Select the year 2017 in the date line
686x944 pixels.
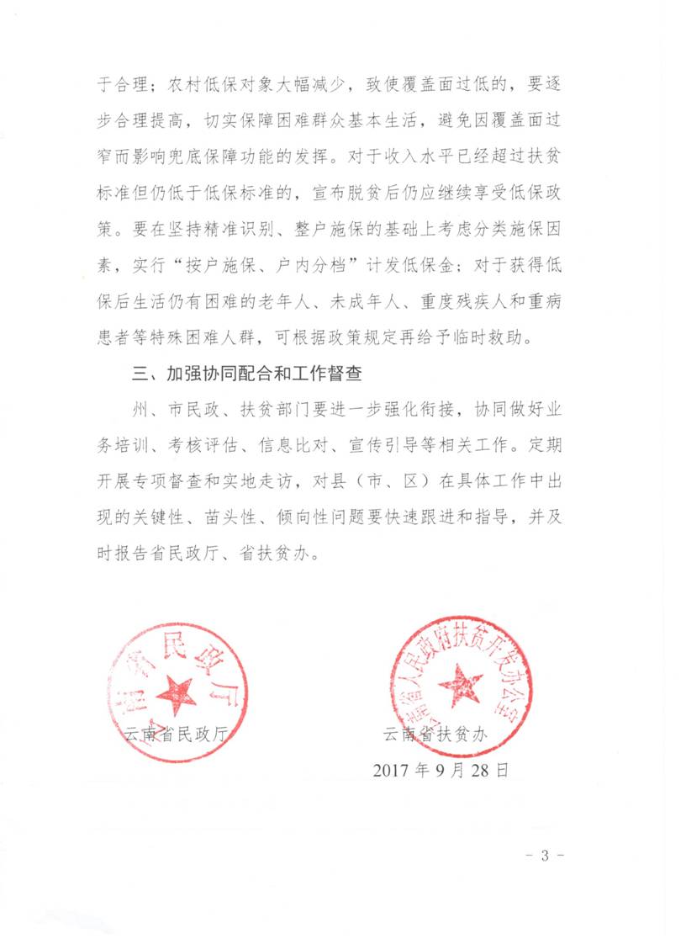(x=393, y=769)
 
